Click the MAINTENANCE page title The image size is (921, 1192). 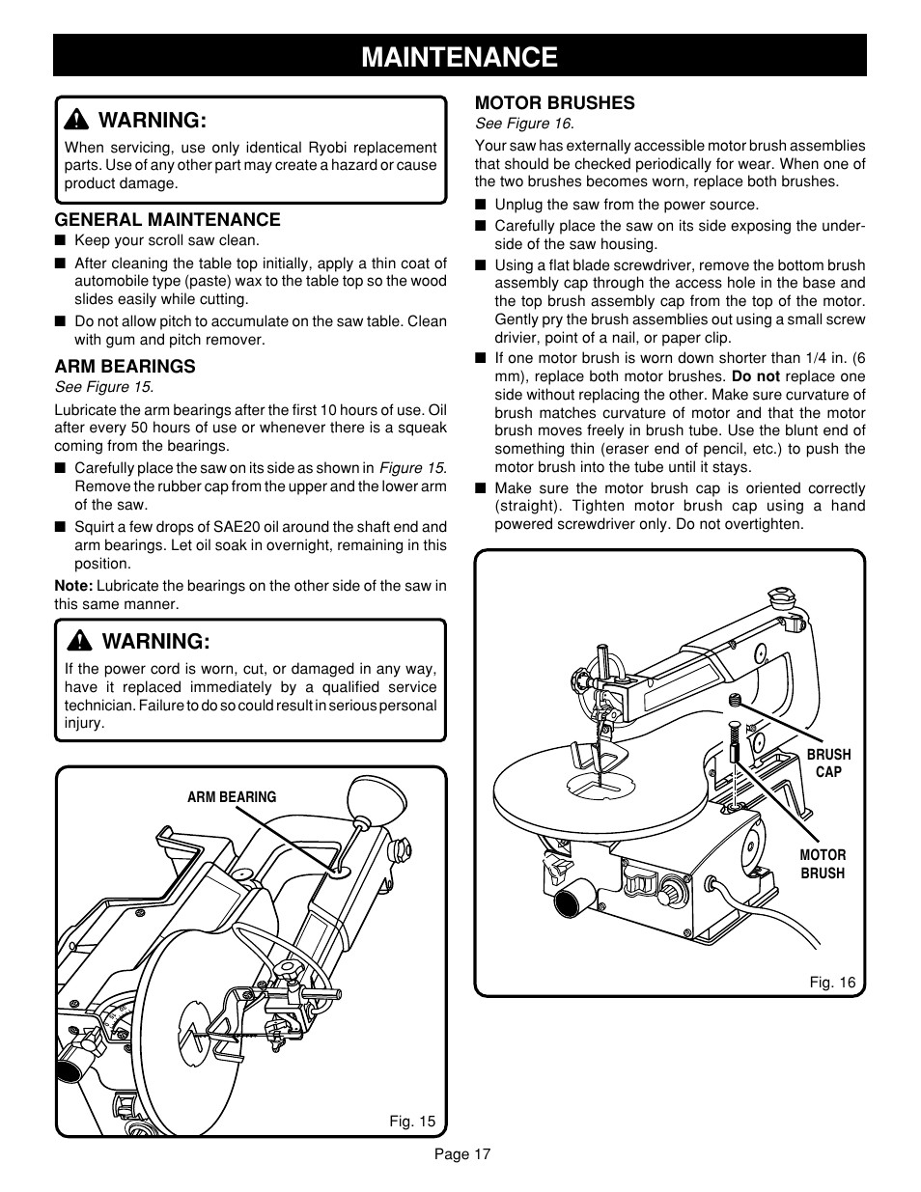pos(460,56)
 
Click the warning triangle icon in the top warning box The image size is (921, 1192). pos(74,121)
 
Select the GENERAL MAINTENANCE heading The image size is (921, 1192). pos(167,220)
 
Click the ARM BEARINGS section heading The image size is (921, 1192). pos(125,367)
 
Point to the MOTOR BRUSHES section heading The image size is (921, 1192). pos(554,102)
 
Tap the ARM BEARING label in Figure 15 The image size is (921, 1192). pos(232,797)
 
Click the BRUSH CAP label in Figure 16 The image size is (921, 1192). pos(829,762)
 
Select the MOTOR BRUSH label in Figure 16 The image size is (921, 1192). pos(822,864)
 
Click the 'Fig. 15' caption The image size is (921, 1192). pos(412,1122)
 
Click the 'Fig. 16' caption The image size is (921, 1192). pos(832,983)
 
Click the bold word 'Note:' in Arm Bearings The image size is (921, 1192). pos(73,586)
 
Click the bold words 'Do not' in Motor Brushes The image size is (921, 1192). pos(754,376)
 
